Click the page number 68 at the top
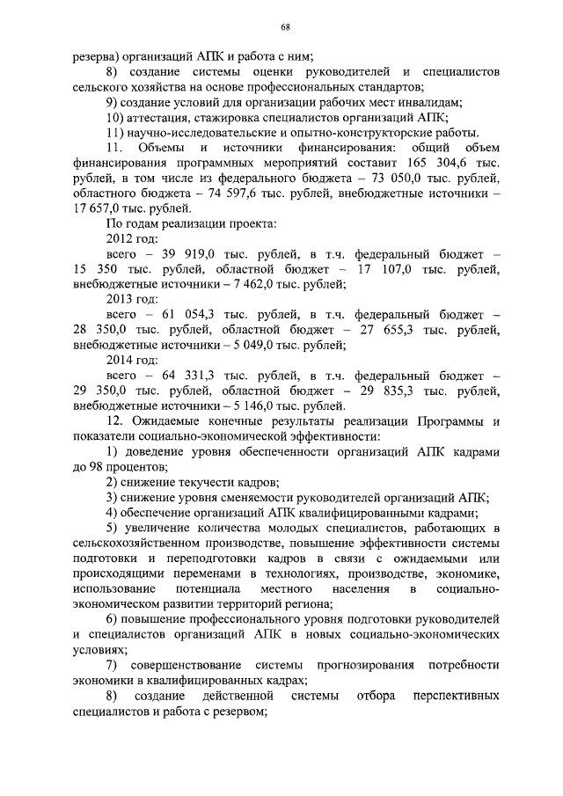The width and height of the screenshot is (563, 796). (x=286, y=27)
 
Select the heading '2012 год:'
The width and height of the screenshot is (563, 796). (x=132, y=238)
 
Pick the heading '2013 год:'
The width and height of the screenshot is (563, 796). (x=132, y=298)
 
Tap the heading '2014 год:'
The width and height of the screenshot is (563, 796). (x=132, y=359)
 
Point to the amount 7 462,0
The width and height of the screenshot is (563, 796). (x=252, y=283)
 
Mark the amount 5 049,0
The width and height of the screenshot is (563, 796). (x=252, y=344)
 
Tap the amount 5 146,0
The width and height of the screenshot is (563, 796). (x=252, y=405)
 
